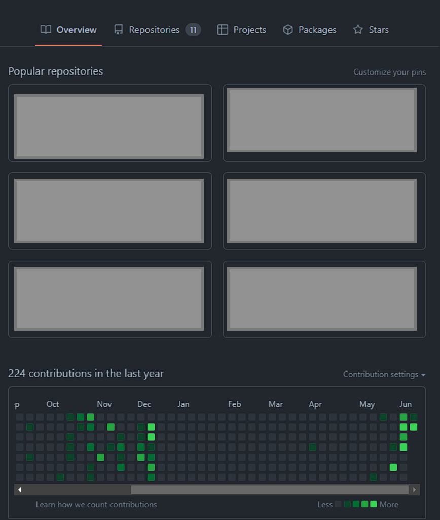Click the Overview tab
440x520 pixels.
pos(76,30)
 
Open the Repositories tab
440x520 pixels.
pos(154,30)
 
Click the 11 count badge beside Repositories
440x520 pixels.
pos(193,30)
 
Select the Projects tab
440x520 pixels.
pos(249,30)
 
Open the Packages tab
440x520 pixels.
pos(317,30)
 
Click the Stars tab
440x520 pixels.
pos(379,30)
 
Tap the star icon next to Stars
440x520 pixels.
pos(358,30)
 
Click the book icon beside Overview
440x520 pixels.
pos(46,30)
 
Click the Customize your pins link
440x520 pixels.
pos(389,72)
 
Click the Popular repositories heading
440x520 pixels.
pos(56,71)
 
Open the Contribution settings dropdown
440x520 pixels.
pos(384,374)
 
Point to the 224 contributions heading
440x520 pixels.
pos(86,374)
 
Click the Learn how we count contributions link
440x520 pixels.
pos(96,504)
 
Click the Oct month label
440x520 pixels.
pos(53,404)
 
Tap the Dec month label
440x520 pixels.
pos(144,404)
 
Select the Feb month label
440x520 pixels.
pos(234,404)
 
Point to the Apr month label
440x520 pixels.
pos(315,404)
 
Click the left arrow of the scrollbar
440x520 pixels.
pos(20,490)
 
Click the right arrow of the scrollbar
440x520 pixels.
pos(414,490)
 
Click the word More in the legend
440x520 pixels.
pos(389,504)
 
